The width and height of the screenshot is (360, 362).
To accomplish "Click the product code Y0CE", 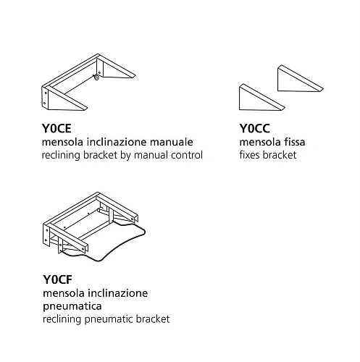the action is pyautogui.click(x=56, y=128).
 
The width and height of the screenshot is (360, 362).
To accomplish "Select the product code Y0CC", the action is pyautogui.click(x=254, y=128).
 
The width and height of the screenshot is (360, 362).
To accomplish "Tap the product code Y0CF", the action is pyautogui.click(x=57, y=279).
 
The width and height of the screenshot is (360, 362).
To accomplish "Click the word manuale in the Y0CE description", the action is pyautogui.click(x=172, y=142).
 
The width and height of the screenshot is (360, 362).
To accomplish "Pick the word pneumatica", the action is pyautogui.click(x=72, y=306).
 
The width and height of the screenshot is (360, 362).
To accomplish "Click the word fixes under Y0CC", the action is pyautogui.click(x=250, y=155).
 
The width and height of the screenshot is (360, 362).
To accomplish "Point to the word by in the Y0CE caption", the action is pyautogui.click(x=125, y=156).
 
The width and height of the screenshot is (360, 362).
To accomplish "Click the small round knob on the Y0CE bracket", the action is pyautogui.click(x=96, y=77).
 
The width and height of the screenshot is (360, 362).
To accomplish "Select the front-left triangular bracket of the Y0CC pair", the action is pyautogui.click(x=261, y=98).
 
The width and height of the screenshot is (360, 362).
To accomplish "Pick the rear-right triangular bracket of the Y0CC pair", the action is pyautogui.click(x=300, y=79).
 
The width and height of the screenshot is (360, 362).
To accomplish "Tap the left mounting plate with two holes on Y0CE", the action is pyautogui.click(x=45, y=98).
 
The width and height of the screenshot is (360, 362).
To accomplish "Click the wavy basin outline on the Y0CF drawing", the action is pyautogui.click(x=143, y=234).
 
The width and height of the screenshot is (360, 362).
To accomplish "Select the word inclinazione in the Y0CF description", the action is pyautogui.click(x=118, y=293).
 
